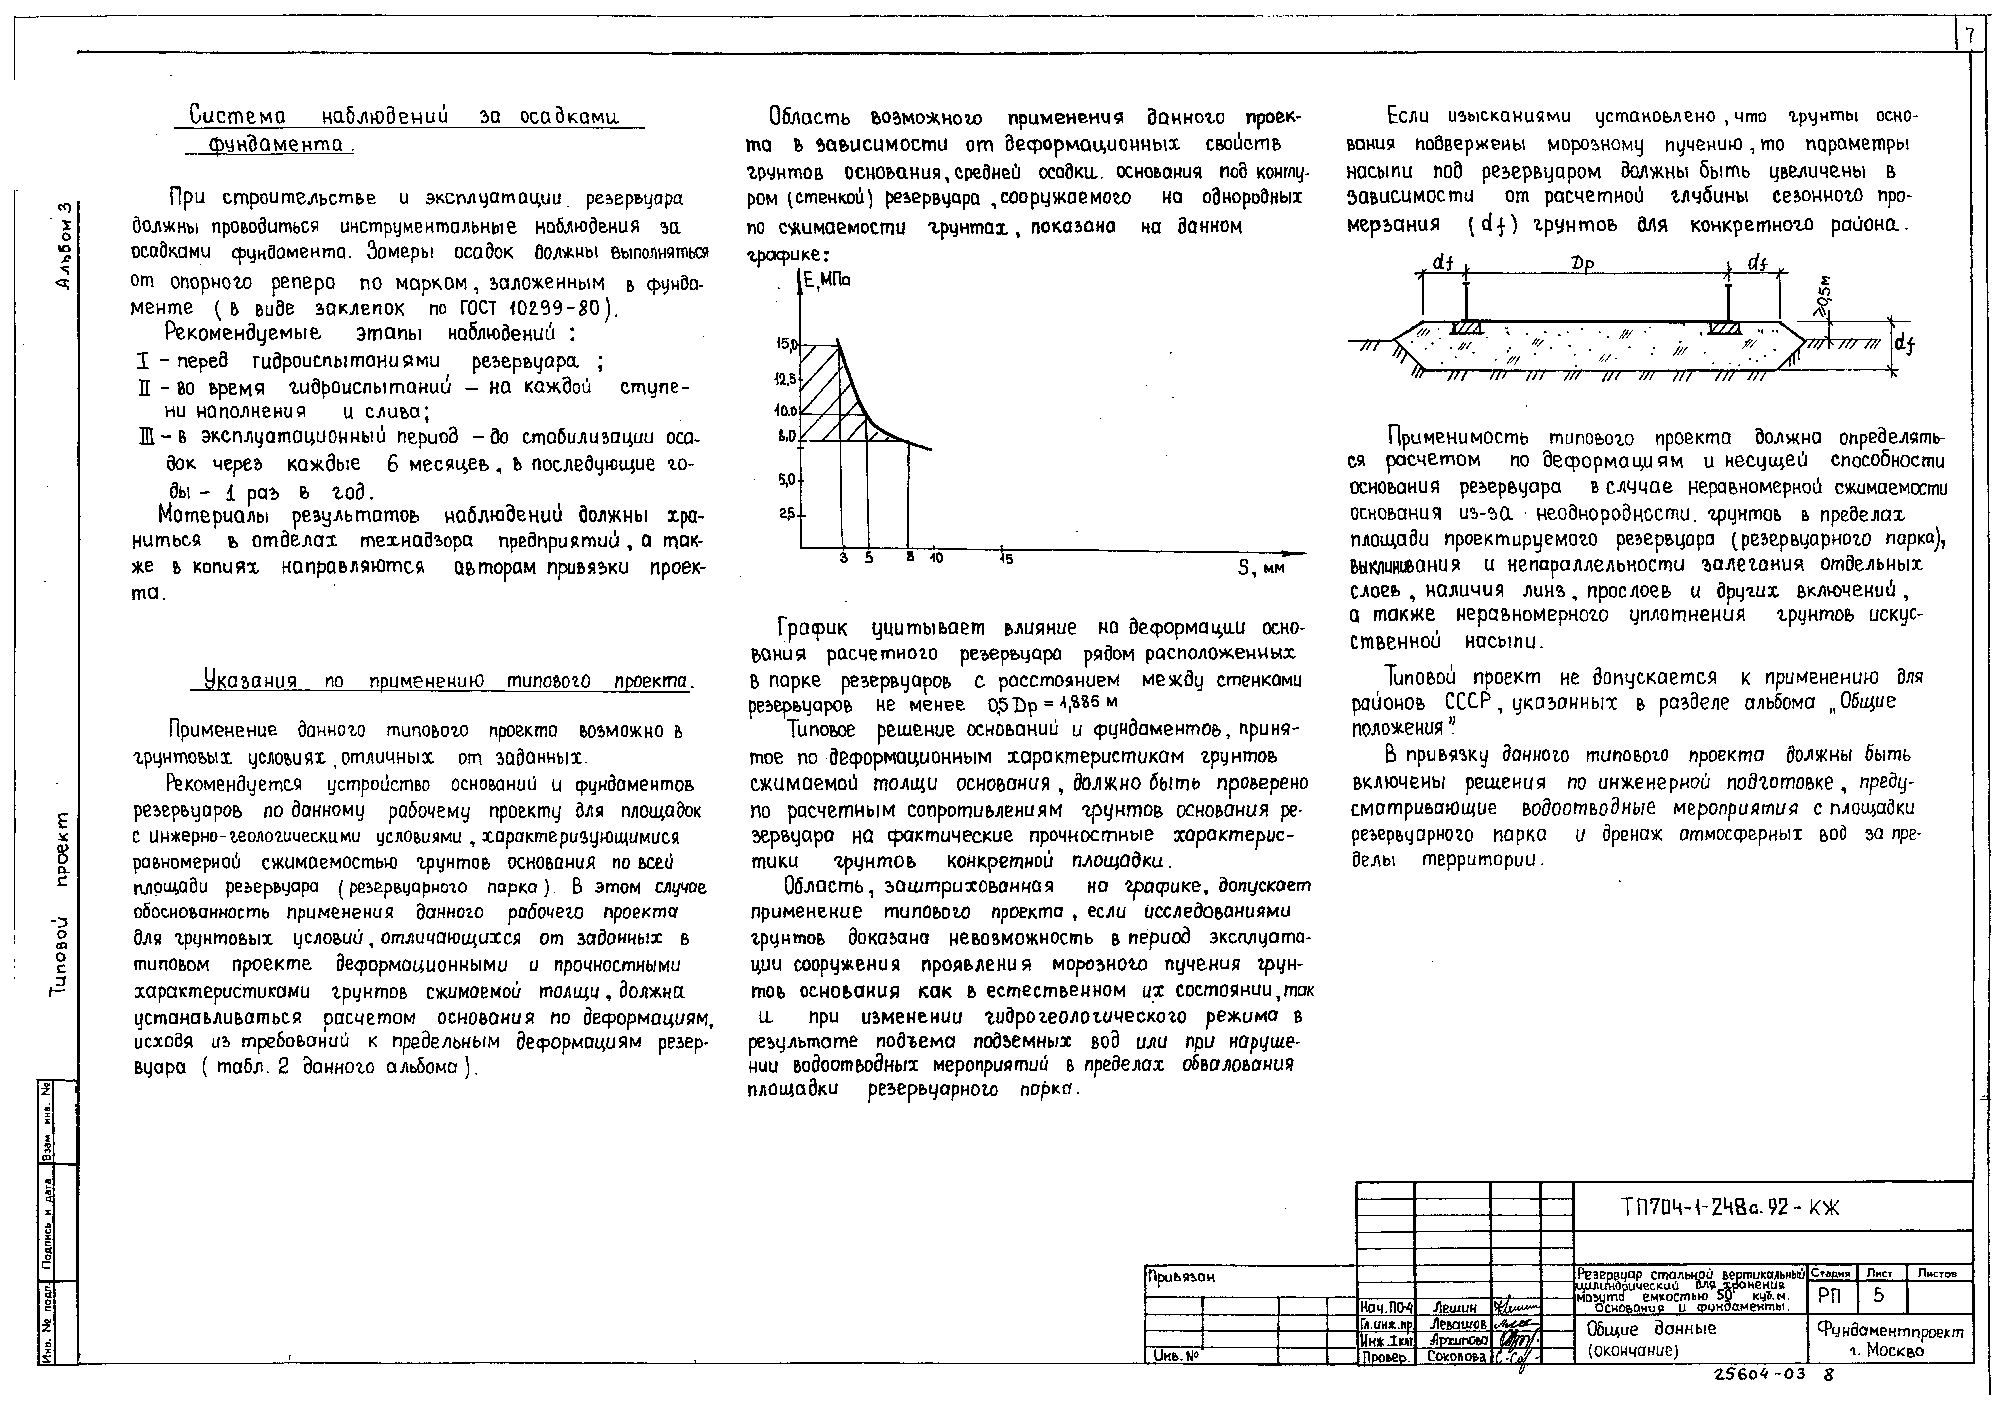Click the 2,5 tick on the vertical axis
pos(787,515)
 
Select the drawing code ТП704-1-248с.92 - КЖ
pos(1730,1208)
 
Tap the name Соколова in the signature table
pos(1456,1357)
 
